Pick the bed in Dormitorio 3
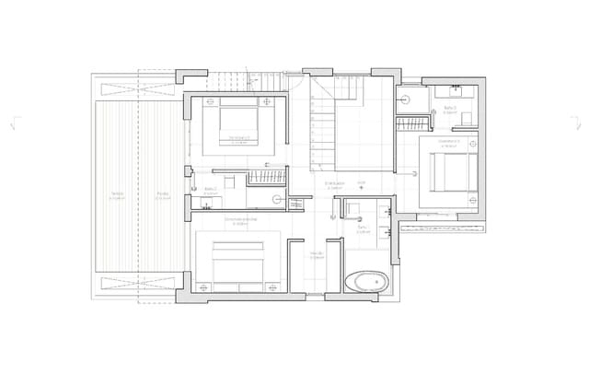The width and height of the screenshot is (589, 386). (448, 172)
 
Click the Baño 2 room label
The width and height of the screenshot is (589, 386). (210, 189)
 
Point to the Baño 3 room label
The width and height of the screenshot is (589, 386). (450, 109)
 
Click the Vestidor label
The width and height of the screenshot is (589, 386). (315, 254)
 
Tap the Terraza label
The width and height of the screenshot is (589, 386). (117, 194)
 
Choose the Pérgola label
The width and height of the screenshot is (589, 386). (162, 194)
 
